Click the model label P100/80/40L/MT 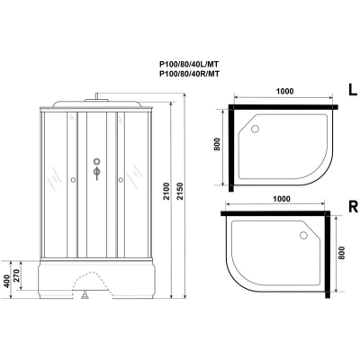(189, 64)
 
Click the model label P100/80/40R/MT (189, 74)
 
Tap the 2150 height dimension (179, 192)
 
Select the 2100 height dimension (166, 192)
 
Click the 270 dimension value (17, 274)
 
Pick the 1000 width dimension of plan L (284, 91)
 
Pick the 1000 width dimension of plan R (282, 199)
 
